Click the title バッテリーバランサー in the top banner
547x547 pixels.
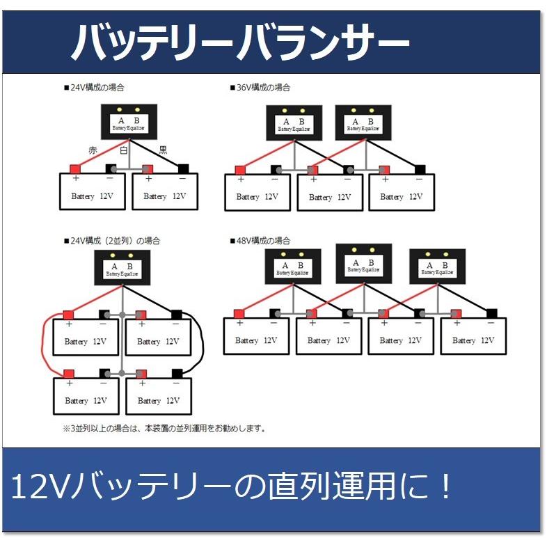[x=239, y=43]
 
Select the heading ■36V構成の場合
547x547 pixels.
[x=260, y=88]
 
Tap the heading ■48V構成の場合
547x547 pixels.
[x=260, y=241]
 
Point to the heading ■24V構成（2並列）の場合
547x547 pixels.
[x=111, y=241]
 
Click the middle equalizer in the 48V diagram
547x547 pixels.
[x=363, y=264]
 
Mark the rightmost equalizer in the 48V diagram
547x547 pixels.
[x=436, y=267]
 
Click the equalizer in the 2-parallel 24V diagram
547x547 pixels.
[x=122, y=268]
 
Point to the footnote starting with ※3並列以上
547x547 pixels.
[x=164, y=429]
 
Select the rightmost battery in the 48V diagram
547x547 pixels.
[x=473, y=336]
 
